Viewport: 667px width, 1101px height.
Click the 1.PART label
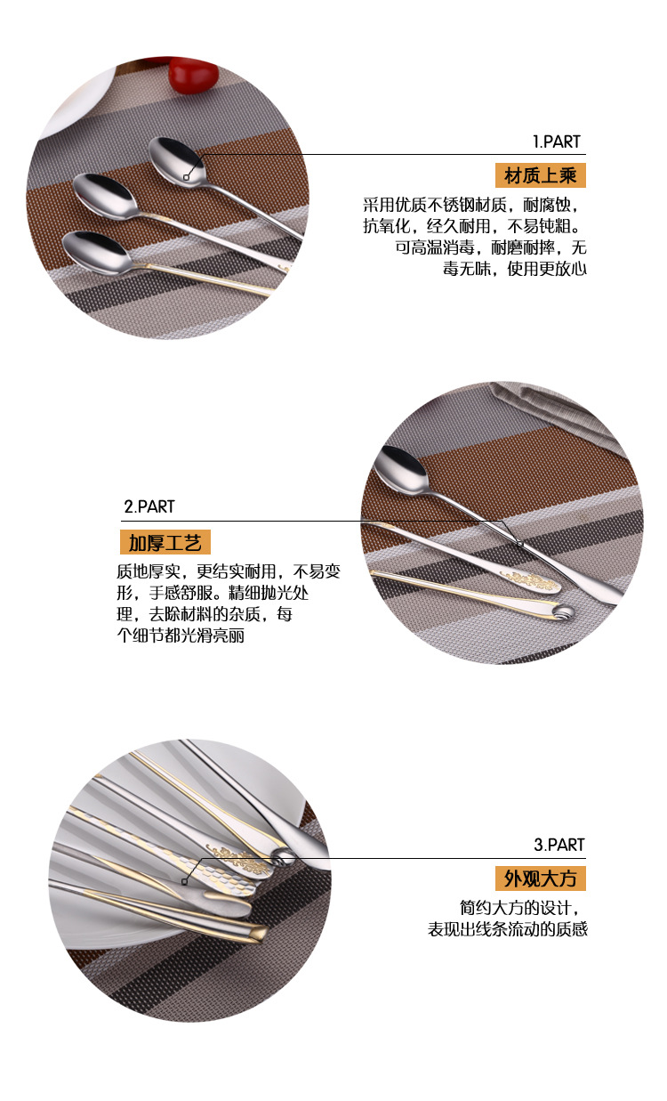[556, 142]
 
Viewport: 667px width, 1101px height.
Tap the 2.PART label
[149, 506]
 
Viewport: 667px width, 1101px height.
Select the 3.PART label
[559, 845]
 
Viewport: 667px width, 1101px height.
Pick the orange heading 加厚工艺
[165, 542]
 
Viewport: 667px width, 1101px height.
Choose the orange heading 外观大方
[541, 879]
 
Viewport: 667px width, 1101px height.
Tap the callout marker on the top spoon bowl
[186, 177]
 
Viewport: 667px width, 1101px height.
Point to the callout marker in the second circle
[519, 543]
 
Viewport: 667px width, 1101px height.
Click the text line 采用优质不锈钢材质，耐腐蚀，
[475, 205]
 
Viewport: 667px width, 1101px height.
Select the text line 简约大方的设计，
[523, 909]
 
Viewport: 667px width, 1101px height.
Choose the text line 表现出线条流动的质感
[508, 930]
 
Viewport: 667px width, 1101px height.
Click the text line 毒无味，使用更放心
[515, 269]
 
